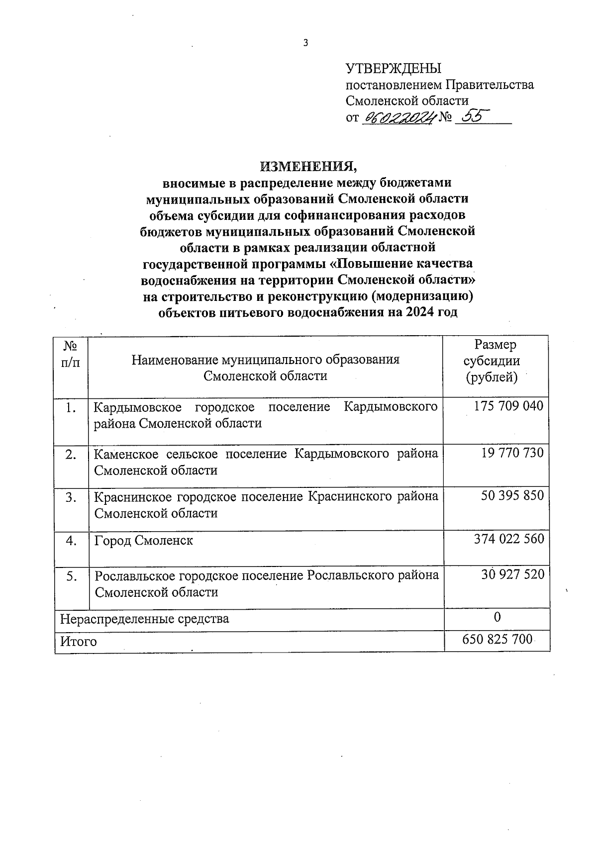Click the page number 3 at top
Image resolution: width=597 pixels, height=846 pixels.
coord(306,43)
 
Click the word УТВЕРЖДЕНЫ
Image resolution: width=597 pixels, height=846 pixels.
coord(394,69)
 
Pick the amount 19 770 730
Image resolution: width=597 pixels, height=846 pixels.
coord(512,453)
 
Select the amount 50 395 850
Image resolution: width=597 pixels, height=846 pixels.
coord(512,496)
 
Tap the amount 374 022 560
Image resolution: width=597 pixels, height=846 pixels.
coord(509,539)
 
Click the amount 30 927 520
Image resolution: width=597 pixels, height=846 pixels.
coord(513,574)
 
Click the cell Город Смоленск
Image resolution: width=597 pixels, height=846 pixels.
coord(144,541)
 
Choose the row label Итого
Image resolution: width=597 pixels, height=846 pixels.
coord(78,642)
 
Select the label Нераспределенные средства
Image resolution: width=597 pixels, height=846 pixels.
coord(144,619)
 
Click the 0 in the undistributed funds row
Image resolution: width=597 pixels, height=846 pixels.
coord(497,617)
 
